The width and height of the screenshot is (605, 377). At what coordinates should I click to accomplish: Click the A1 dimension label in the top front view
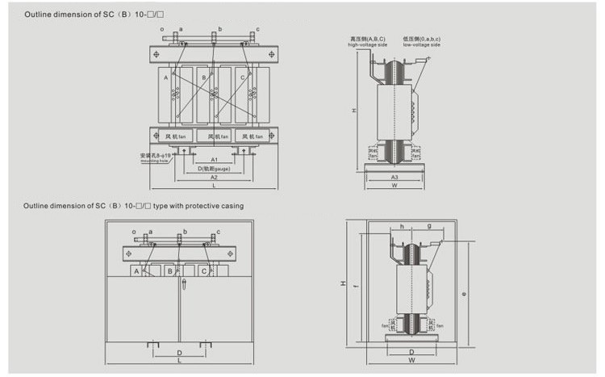click(x=214, y=161)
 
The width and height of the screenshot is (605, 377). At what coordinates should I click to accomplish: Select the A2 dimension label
click(x=214, y=177)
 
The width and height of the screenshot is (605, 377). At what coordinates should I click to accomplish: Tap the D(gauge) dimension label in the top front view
click(x=214, y=169)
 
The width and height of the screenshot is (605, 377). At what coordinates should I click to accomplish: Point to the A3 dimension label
click(x=394, y=176)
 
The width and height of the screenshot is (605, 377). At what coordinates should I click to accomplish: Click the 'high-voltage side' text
click(x=368, y=45)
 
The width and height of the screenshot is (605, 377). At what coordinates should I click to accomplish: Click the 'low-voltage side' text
click(x=422, y=45)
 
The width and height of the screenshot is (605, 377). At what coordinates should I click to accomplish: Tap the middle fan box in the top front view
click(x=214, y=136)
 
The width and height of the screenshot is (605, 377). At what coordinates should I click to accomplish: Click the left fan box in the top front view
click(x=175, y=136)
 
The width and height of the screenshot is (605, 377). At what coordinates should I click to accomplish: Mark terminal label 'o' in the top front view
click(x=162, y=29)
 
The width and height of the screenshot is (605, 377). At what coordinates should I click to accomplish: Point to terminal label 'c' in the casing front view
click(x=218, y=232)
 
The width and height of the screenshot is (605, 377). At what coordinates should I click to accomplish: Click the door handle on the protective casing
click(x=183, y=284)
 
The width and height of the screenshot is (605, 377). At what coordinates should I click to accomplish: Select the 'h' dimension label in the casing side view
click(x=402, y=226)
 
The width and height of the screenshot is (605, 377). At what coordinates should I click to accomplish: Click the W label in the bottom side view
click(x=411, y=361)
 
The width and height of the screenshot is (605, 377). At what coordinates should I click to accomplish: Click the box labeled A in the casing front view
click(x=136, y=271)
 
